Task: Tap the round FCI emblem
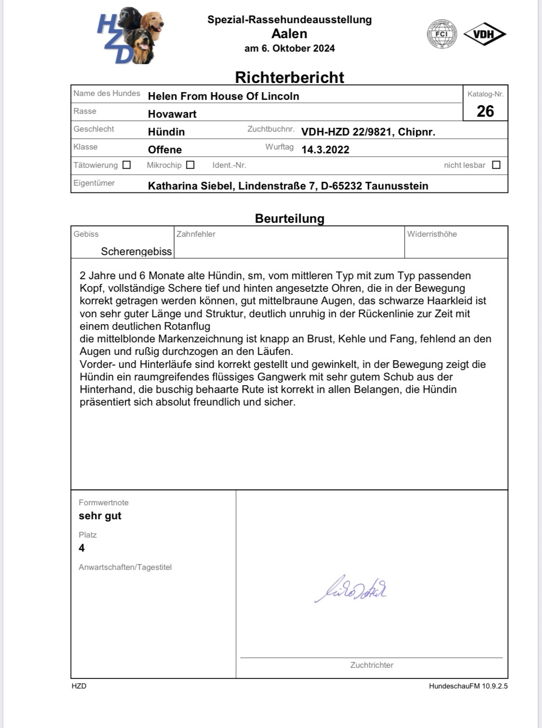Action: (442, 34)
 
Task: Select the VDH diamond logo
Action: (485, 34)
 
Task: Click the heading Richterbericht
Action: (290, 77)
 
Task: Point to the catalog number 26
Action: (485, 111)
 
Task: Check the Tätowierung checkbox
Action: (127, 165)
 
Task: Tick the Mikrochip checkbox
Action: (190, 165)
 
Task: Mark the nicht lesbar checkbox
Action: (496, 165)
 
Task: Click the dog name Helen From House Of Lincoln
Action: (224, 96)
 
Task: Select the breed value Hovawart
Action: (172, 114)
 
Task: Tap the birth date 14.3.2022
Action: (325, 149)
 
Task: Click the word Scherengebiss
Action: (136, 251)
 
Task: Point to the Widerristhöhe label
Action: (432, 234)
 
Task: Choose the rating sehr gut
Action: (100, 516)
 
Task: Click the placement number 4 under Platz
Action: (82, 548)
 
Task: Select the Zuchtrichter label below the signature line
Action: (371, 665)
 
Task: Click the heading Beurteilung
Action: (290, 218)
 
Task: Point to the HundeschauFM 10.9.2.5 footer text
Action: (468, 686)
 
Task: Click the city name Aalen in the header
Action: (289, 34)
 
